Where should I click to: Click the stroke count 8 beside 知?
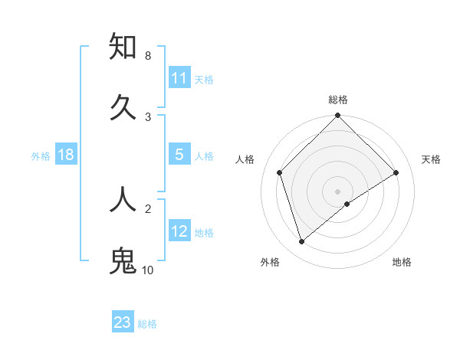(147, 56)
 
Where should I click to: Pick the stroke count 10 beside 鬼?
(148, 270)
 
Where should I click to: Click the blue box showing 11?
(179, 78)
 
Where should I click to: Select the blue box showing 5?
(179, 155)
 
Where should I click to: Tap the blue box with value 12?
(179, 231)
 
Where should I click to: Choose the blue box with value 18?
(66, 155)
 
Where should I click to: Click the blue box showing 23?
(123, 322)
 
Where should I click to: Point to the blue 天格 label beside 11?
(204, 79)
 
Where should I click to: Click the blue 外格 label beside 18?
(41, 155)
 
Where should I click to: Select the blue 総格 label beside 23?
(147, 323)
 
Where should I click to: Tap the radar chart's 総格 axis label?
(337, 100)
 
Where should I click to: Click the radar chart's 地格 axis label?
(402, 262)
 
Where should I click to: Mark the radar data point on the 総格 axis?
(337, 116)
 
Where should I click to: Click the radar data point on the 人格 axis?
(280, 172)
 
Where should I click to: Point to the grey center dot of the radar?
(337, 191)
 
